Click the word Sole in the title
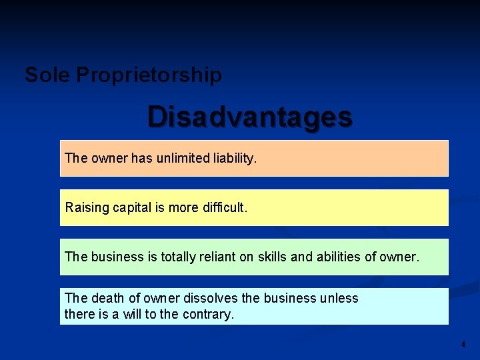[x=47, y=75]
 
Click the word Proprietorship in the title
[x=149, y=75]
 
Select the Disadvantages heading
[x=250, y=116]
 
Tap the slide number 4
[x=463, y=345]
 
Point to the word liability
[x=233, y=158]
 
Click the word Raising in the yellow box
[x=87, y=207]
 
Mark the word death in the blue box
[x=107, y=298]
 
